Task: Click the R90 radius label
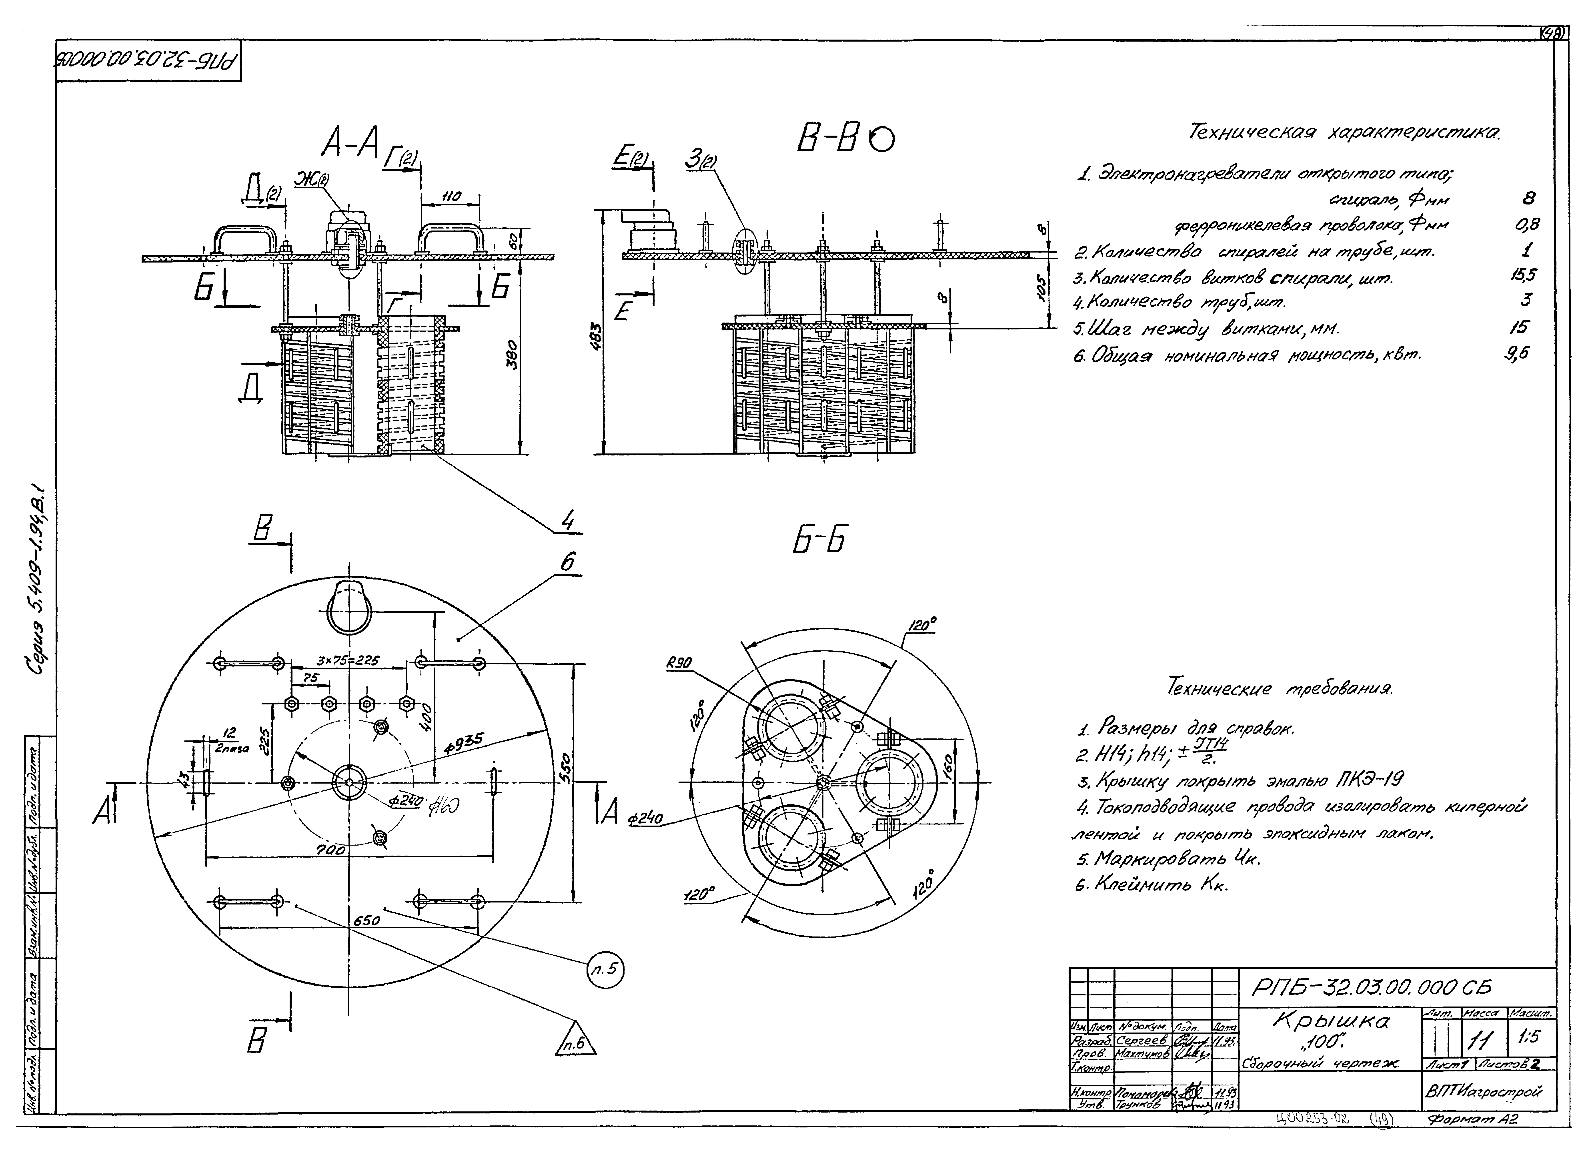(x=680, y=662)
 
